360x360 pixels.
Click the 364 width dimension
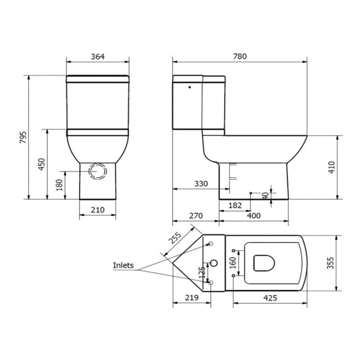[97, 56]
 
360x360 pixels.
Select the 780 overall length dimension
[239, 56]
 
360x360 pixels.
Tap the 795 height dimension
[23, 137]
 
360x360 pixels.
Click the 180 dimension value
[59, 185]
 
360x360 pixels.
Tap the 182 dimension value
[235, 205]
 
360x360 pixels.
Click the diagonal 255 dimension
[175, 239]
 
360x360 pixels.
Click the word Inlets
[124, 265]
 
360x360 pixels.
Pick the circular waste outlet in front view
[98, 171]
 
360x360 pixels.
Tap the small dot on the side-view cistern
[190, 86]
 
